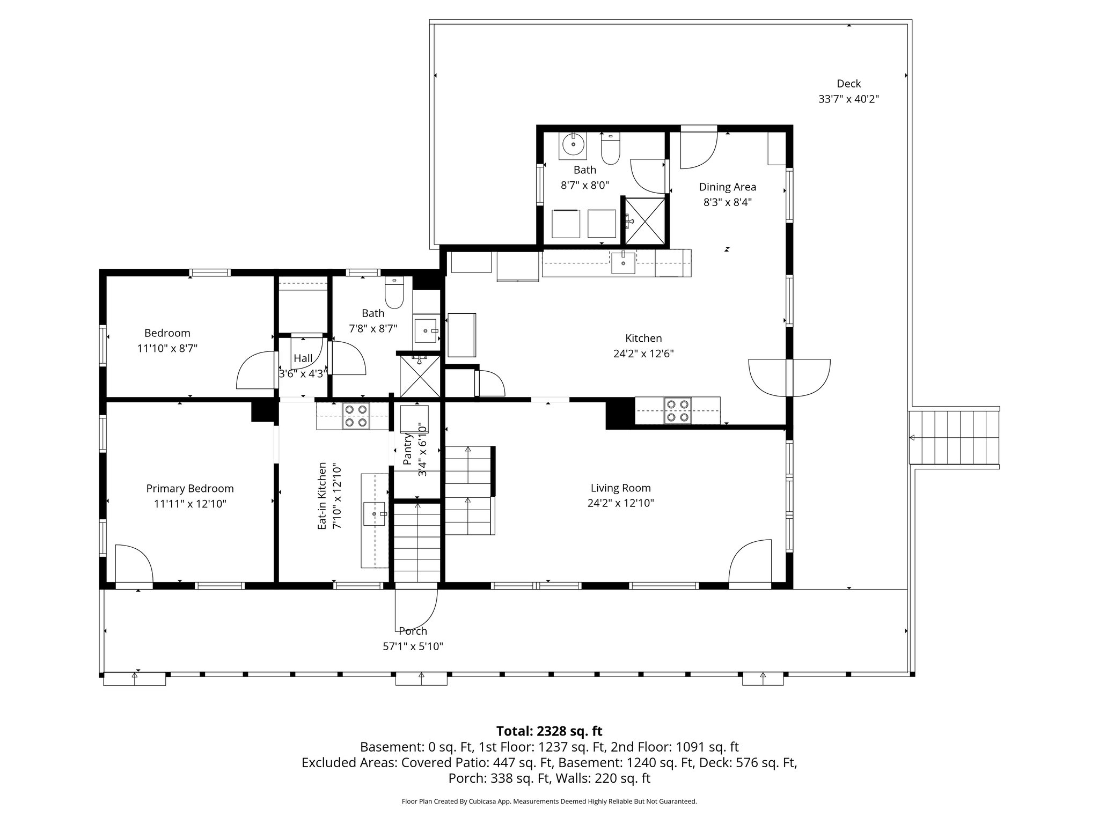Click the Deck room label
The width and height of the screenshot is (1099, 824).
[848, 84]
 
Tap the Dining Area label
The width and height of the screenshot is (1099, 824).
[727, 187]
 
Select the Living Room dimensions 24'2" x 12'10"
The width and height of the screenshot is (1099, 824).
[621, 503]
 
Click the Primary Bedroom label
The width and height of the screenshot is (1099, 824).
[190, 489]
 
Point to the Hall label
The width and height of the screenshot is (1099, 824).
[303, 358]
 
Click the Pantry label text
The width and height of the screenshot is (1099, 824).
[408, 450]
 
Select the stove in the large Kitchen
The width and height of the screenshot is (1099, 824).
[678, 410]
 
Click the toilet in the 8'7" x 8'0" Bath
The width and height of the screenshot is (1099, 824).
[611, 149]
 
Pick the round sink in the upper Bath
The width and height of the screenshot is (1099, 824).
[574, 144]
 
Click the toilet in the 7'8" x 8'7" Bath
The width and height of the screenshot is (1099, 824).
[394, 293]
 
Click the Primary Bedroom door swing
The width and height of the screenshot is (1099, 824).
[134, 563]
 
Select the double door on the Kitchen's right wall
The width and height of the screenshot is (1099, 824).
[789, 378]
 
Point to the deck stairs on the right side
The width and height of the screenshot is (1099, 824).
[954, 437]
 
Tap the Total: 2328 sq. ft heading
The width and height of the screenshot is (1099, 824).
[549, 731]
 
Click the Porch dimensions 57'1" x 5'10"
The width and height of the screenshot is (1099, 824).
[413, 646]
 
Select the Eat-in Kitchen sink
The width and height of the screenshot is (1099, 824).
[375, 514]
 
